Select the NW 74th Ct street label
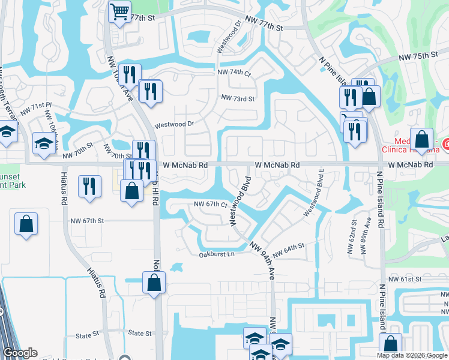[x=234, y=73]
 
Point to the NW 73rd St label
[x=238, y=98]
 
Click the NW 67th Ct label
[x=210, y=205]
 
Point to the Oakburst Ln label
[x=216, y=254]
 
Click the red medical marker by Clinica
[x=445, y=145]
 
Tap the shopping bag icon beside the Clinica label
[x=421, y=139]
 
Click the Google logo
[x=20, y=353]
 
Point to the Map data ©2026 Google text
[x=412, y=355]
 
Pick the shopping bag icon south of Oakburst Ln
[x=154, y=282]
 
